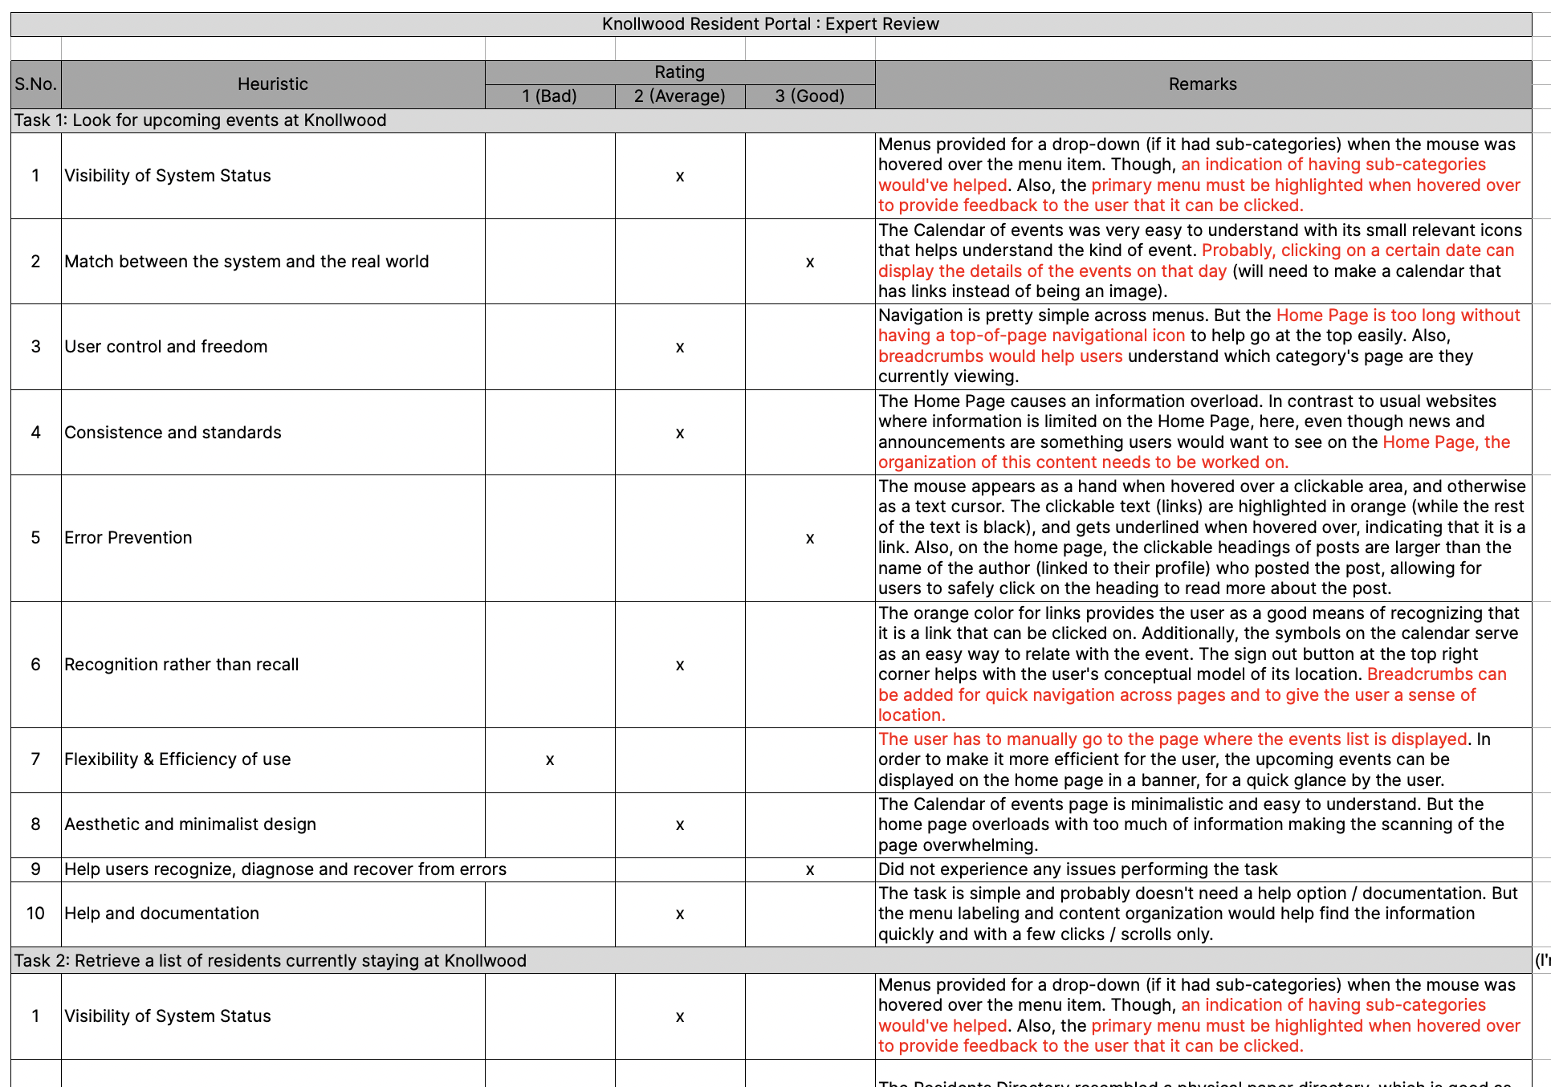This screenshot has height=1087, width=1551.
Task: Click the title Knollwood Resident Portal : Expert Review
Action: pos(770,24)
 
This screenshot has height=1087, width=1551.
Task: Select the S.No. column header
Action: pos(35,84)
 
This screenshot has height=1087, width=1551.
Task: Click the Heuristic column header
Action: pos(273,84)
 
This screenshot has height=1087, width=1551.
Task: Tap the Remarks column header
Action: pos(1202,84)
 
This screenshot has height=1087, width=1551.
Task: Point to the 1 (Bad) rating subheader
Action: pos(549,96)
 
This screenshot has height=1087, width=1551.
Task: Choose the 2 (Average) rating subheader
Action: pos(679,96)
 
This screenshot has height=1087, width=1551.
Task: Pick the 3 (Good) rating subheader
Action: pos(809,96)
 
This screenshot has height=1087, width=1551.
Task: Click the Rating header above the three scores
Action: pos(679,72)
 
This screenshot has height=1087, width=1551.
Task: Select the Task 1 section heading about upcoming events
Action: pos(201,120)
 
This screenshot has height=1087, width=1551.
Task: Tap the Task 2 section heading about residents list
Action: pos(271,961)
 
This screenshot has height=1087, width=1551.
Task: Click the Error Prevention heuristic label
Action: pos(128,538)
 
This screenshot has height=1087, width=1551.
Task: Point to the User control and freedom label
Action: pos(166,347)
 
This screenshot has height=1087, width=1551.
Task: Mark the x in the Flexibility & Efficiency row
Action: pos(550,760)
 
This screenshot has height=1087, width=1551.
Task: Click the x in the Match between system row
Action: pos(810,263)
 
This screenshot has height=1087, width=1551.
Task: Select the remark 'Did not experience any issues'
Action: pos(1077,869)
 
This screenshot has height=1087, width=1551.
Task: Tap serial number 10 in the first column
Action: pos(35,914)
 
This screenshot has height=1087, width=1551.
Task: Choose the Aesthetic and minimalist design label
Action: pos(190,824)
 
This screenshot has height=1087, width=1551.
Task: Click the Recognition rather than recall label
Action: pos(181,665)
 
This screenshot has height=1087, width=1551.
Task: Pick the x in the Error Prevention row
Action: pos(810,539)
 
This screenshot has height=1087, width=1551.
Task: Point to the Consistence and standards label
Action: pos(173,433)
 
